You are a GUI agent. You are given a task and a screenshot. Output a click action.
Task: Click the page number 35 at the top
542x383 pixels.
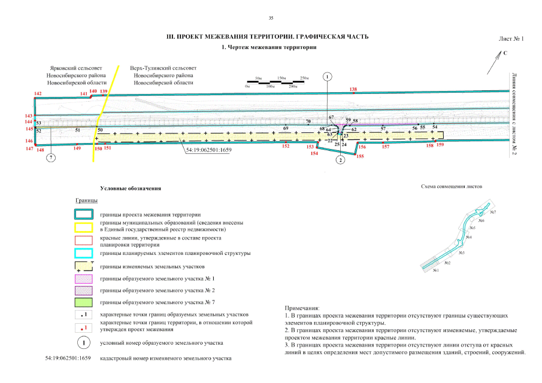click(271, 17)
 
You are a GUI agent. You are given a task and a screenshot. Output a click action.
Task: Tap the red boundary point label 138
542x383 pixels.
click(353, 89)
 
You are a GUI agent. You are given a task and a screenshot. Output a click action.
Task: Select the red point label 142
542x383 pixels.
click(38, 94)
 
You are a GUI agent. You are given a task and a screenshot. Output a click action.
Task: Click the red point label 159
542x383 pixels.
click(441, 145)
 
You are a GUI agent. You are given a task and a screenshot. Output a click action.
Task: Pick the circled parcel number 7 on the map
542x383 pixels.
click(52, 158)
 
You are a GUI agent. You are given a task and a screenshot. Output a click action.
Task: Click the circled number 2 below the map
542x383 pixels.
click(340, 160)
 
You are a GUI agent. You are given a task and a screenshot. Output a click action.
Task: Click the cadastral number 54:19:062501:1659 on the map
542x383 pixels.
click(208, 150)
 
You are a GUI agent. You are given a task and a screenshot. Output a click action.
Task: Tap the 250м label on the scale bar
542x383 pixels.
click(304, 78)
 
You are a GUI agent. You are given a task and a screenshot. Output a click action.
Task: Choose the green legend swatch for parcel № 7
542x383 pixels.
click(86, 302)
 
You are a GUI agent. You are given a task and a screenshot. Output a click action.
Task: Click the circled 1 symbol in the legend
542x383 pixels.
click(84, 342)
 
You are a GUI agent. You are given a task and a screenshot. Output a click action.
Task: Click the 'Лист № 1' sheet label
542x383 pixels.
click(511, 39)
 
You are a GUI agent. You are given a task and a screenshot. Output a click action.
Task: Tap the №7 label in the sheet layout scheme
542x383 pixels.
click(493, 212)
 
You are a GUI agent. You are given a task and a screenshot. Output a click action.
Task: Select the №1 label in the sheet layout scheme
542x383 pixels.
click(436, 270)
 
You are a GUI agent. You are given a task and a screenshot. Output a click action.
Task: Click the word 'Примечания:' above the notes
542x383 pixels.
click(302, 306)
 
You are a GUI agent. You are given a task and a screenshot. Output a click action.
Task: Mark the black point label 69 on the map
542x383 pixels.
click(286, 129)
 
